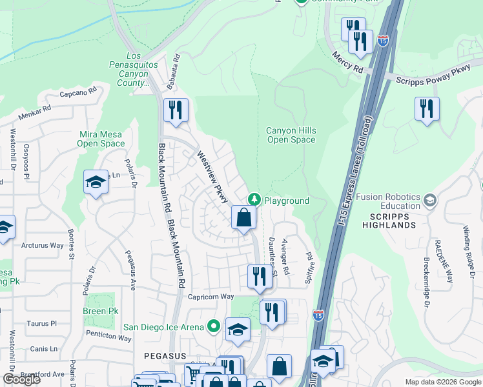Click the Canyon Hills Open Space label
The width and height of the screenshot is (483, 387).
[291, 135]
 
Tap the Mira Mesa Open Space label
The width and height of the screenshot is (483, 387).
[101, 139]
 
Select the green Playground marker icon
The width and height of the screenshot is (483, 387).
[255, 200]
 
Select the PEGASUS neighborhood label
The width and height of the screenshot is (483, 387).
[165, 356]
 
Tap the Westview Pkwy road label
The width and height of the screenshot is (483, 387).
[212, 177]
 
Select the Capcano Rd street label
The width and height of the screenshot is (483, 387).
[77, 93]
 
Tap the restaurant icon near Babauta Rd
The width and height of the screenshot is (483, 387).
[175, 110]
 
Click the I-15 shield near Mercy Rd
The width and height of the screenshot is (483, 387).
[383, 41]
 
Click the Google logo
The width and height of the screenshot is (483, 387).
[22, 379]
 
